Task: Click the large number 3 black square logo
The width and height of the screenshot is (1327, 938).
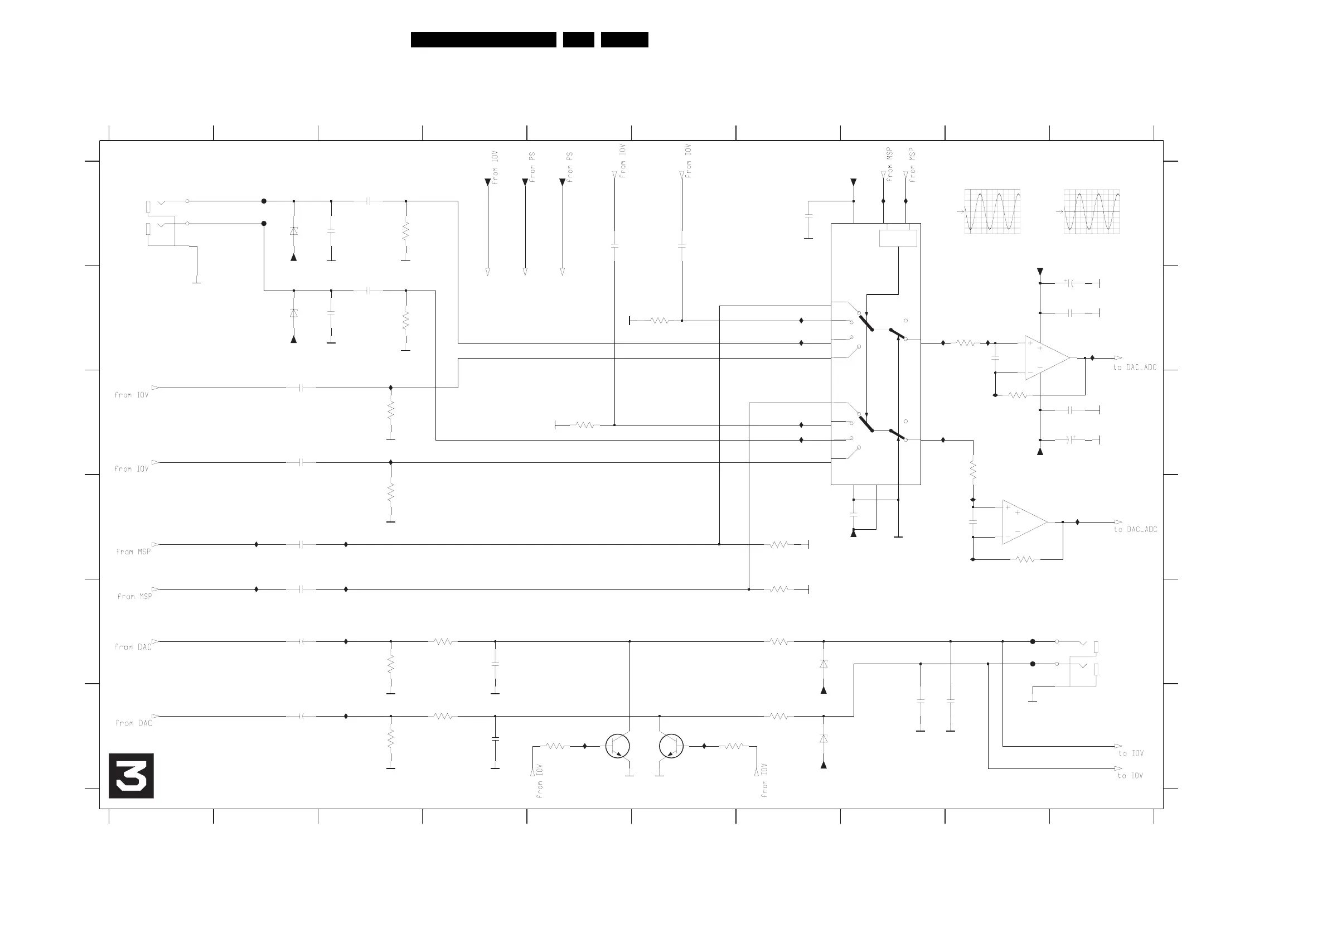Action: pos(131,776)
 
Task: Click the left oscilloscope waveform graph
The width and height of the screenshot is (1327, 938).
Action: pos(992,211)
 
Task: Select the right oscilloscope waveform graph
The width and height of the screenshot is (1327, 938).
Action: pos(1091,211)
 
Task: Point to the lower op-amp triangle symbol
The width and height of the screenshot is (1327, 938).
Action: pos(1023,522)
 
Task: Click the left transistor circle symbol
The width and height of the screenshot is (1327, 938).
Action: pos(618,746)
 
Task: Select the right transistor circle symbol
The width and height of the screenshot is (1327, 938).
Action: pos(671,746)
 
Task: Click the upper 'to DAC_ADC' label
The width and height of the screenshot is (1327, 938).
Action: pos(1135,368)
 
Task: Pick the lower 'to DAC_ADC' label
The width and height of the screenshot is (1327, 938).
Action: pos(1135,529)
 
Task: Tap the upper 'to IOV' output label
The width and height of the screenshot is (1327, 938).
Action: pos(1131,753)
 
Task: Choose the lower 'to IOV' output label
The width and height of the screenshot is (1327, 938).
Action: pos(1130,776)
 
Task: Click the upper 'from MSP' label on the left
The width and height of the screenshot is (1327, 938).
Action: pos(133,552)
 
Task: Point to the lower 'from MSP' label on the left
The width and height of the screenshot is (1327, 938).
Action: pos(135,597)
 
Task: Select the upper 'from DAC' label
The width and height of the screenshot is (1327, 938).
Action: pos(133,647)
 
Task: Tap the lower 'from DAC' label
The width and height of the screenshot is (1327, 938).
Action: pos(133,724)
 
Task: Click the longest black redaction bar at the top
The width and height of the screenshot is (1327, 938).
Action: pos(483,39)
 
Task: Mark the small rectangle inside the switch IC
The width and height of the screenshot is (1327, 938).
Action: pos(898,238)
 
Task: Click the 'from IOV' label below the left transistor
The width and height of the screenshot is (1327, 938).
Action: pos(539,781)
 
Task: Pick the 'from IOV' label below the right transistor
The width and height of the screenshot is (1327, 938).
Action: pos(764,781)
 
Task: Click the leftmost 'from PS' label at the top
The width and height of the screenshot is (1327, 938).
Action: pos(532,167)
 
